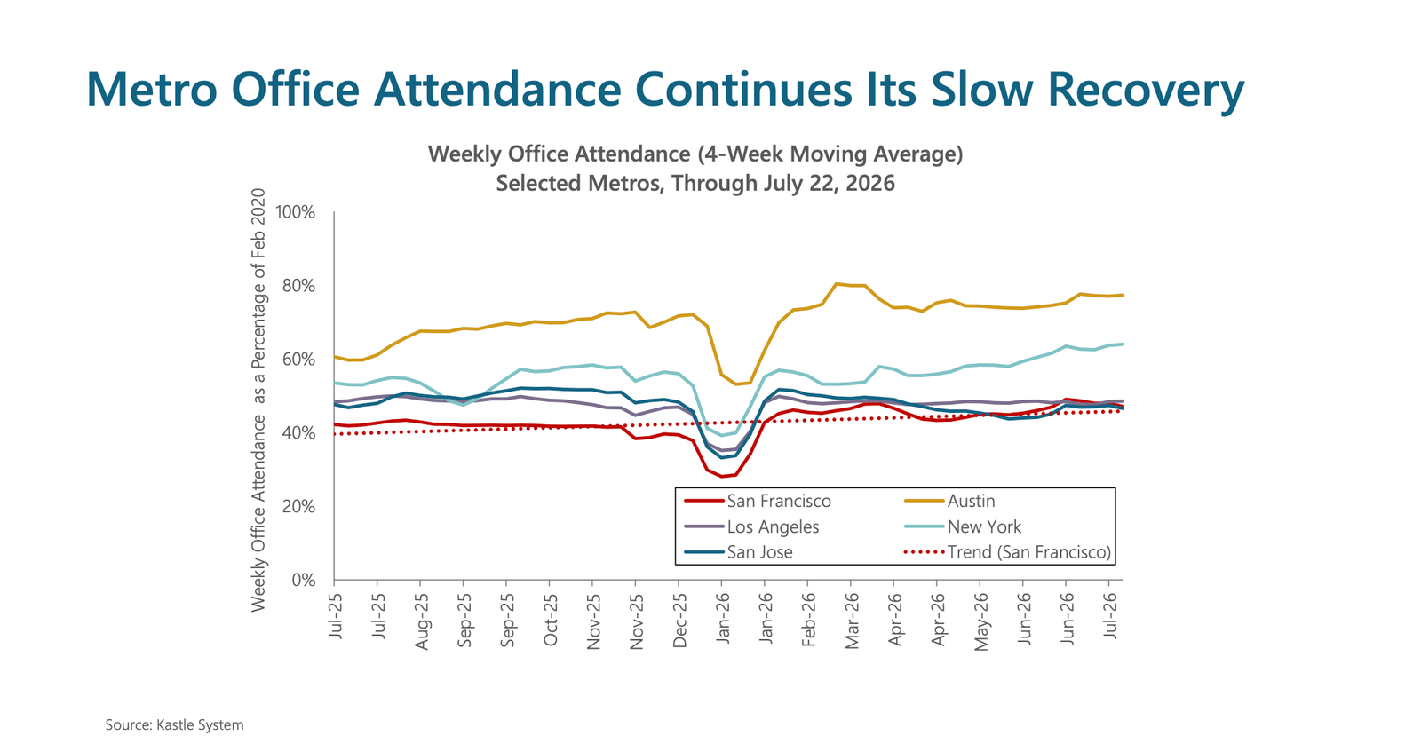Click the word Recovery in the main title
[x=1146, y=90]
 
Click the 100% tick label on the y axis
[x=295, y=212]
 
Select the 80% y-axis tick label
[x=298, y=286]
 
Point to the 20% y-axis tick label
[x=298, y=507]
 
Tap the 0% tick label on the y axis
[x=303, y=581]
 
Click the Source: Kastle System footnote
[x=174, y=725]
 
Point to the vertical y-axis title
[x=258, y=400]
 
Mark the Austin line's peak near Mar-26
[x=837, y=283]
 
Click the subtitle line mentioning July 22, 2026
[x=695, y=183]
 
